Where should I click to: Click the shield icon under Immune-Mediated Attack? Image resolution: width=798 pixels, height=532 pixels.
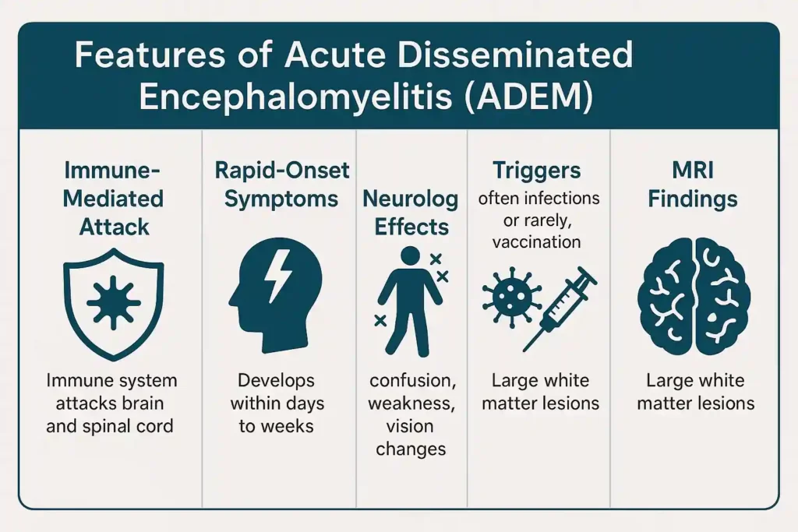click(114, 305)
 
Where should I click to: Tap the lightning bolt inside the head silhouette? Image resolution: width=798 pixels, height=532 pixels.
click(277, 278)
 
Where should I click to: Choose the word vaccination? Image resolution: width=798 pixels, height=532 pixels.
click(537, 242)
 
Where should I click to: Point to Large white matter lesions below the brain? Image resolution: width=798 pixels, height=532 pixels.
click(695, 393)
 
